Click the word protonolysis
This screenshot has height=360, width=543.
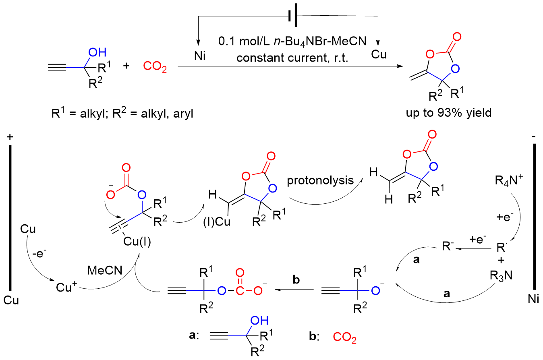pos(320,181)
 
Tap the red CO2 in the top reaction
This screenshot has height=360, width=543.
pos(155,66)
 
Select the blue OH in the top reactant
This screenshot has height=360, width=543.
pos(97,52)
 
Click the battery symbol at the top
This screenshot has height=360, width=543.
pos(293,15)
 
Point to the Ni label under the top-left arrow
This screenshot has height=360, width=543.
pos(200,56)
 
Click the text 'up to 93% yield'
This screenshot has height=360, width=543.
pos(449,113)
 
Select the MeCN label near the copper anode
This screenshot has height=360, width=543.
pos(105,270)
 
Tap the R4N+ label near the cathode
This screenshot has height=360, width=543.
pos(509,180)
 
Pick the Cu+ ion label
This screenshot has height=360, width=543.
pos(66,287)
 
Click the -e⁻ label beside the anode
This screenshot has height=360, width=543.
pos(39,253)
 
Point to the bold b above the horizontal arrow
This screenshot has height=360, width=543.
pos(296,279)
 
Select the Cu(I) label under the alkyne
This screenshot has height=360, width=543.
pos(137,242)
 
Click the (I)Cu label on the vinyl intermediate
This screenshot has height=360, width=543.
pos(217,221)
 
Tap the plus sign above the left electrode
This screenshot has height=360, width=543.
pos(10,137)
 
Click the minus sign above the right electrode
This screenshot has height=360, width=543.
pos(534,137)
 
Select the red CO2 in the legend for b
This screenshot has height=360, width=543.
pos(344,337)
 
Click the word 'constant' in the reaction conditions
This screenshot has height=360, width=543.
pos(265,58)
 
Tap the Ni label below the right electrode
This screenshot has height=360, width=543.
pos(533,299)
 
